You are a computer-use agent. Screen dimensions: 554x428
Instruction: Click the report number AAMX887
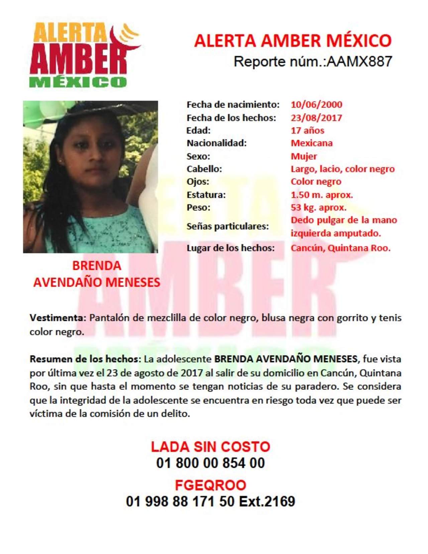(359, 62)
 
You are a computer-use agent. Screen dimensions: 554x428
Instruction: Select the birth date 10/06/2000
(316, 104)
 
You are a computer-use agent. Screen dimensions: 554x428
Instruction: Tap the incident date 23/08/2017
(316, 118)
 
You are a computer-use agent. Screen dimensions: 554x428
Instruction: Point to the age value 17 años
(307, 130)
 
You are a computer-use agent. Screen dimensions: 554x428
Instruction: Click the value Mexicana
(312, 143)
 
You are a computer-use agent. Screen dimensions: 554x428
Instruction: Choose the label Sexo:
(198, 156)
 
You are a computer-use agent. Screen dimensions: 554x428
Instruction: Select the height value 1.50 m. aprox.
(322, 195)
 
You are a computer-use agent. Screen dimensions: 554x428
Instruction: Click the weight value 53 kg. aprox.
(318, 207)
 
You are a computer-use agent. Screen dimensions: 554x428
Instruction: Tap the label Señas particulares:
(227, 226)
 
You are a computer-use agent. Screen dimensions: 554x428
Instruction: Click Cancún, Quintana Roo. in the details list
(340, 248)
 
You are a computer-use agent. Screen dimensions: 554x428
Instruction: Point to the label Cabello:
(204, 169)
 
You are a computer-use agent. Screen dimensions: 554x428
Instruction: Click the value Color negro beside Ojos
(316, 182)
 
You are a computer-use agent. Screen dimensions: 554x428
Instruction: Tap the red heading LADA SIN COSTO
(210, 447)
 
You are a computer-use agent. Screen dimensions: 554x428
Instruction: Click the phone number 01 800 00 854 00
(210, 463)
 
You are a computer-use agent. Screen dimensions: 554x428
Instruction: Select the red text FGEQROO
(210, 485)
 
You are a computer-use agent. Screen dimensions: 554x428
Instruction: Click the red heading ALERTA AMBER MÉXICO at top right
(293, 41)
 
